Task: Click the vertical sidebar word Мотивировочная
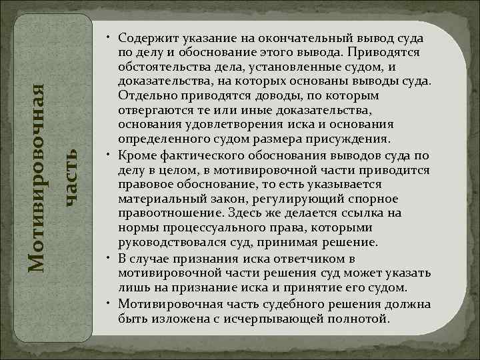tap(39, 176)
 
